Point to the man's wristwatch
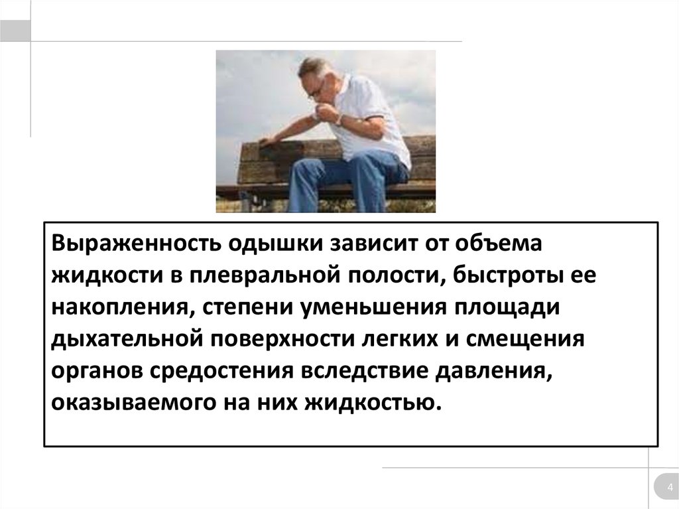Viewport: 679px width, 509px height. [x=339, y=120]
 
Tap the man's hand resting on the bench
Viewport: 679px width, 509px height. [x=268, y=141]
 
